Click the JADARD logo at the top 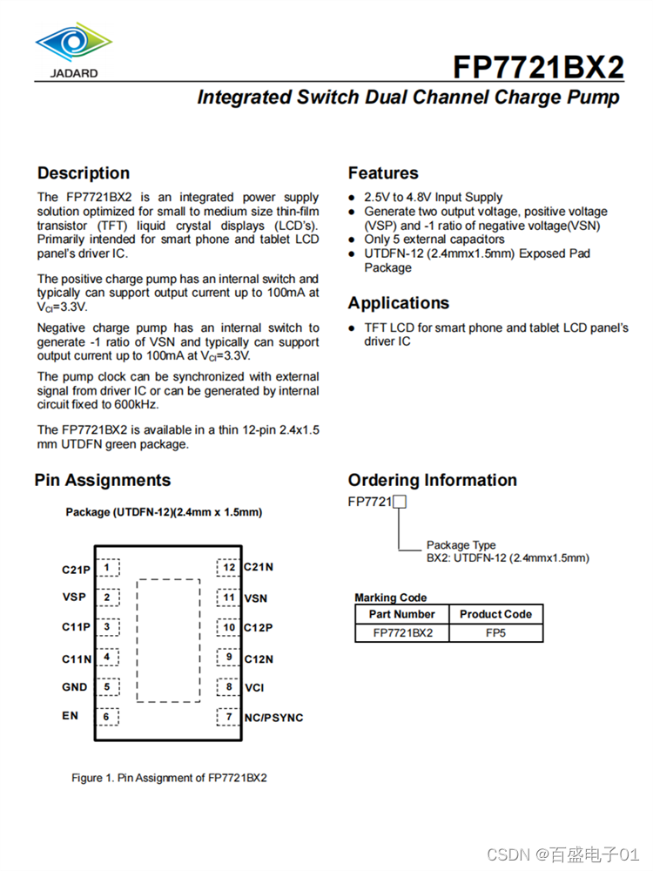click(x=73, y=48)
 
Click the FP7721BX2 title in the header click(x=538, y=67)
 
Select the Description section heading click(x=84, y=173)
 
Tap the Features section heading click(x=383, y=173)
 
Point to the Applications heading click(x=399, y=303)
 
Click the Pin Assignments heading click(x=103, y=480)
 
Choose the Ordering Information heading click(x=432, y=480)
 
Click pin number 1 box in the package click(x=107, y=568)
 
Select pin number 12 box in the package click(x=228, y=568)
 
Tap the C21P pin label click(x=76, y=570)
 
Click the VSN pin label click(x=256, y=598)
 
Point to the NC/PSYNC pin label click(x=273, y=718)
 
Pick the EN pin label click(x=70, y=716)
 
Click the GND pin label click(x=74, y=687)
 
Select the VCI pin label click(x=254, y=688)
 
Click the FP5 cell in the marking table click(x=495, y=633)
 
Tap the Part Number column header click(x=401, y=614)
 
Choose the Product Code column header click(x=495, y=614)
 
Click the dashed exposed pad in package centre click(x=168, y=640)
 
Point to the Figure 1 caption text click(x=169, y=778)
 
